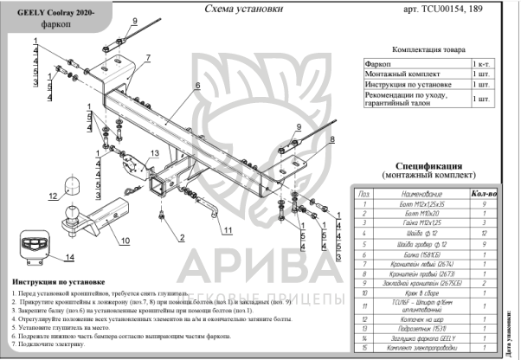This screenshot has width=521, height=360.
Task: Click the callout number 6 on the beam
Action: coord(197,86)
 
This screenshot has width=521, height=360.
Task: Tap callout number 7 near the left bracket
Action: coord(148,57)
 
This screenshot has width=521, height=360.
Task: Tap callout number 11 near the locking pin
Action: coord(226,230)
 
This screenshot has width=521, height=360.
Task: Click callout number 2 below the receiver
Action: coord(183,237)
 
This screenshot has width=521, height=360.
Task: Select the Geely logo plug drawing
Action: coord(34,246)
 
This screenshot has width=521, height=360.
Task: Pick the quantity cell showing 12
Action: coord(487,233)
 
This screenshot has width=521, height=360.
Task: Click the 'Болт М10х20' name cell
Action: coord(421,213)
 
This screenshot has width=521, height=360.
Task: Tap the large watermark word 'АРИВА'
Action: coord(260,260)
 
